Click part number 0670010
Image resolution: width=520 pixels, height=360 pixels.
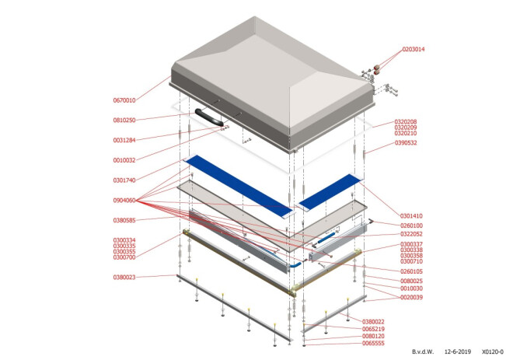click(x=124, y=100)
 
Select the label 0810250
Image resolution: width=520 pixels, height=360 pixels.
click(x=124, y=120)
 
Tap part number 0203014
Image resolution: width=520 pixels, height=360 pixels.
click(x=414, y=50)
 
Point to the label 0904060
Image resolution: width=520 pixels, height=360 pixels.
click(x=124, y=201)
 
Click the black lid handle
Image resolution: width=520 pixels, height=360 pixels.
click(x=209, y=117)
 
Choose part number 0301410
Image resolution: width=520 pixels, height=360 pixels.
click(x=411, y=216)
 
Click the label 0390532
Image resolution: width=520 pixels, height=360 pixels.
click(x=406, y=143)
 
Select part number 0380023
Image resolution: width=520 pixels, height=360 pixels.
click(x=124, y=277)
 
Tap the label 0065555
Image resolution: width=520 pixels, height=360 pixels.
click(x=373, y=344)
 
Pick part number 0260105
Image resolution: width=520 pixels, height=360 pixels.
click(x=411, y=271)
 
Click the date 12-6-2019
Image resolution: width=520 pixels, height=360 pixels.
click(x=457, y=351)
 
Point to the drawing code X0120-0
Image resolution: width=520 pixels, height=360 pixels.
click(x=493, y=351)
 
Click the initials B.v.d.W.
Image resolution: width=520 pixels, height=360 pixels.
click(x=423, y=351)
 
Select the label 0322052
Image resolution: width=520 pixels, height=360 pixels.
click(x=411, y=234)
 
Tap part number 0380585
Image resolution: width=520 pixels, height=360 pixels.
click(x=124, y=221)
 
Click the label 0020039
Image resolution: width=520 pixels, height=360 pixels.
click(x=411, y=298)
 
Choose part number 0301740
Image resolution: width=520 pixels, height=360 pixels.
click(x=124, y=180)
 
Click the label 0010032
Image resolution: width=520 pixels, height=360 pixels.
click(x=124, y=160)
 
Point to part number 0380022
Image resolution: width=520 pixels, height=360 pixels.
click(x=373, y=322)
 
